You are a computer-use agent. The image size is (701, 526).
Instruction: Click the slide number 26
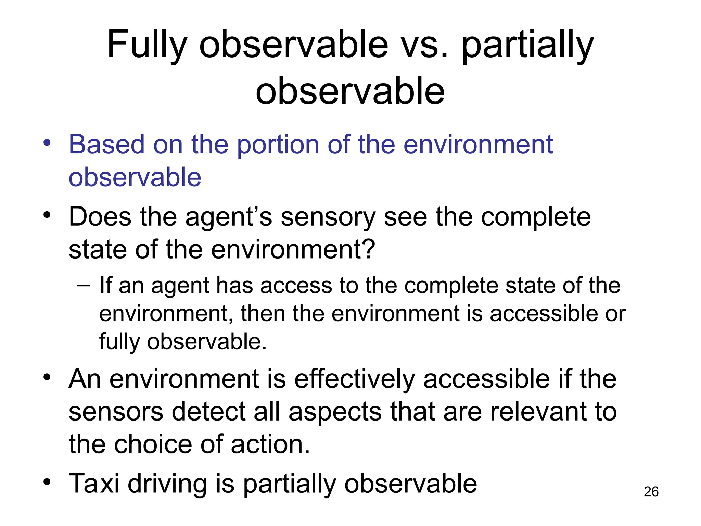(651, 492)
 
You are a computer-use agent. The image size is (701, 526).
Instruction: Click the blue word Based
(106, 145)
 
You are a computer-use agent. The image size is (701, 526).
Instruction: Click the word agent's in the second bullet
(229, 218)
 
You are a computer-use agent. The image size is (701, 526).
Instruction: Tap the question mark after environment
(368, 249)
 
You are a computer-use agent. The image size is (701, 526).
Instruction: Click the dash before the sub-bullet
(84, 285)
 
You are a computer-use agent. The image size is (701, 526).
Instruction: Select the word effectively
(354, 379)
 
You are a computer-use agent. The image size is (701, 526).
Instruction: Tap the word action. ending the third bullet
(270, 444)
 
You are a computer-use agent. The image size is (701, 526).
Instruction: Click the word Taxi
(94, 484)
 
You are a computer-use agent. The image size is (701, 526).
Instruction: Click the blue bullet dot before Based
(47, 143)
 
